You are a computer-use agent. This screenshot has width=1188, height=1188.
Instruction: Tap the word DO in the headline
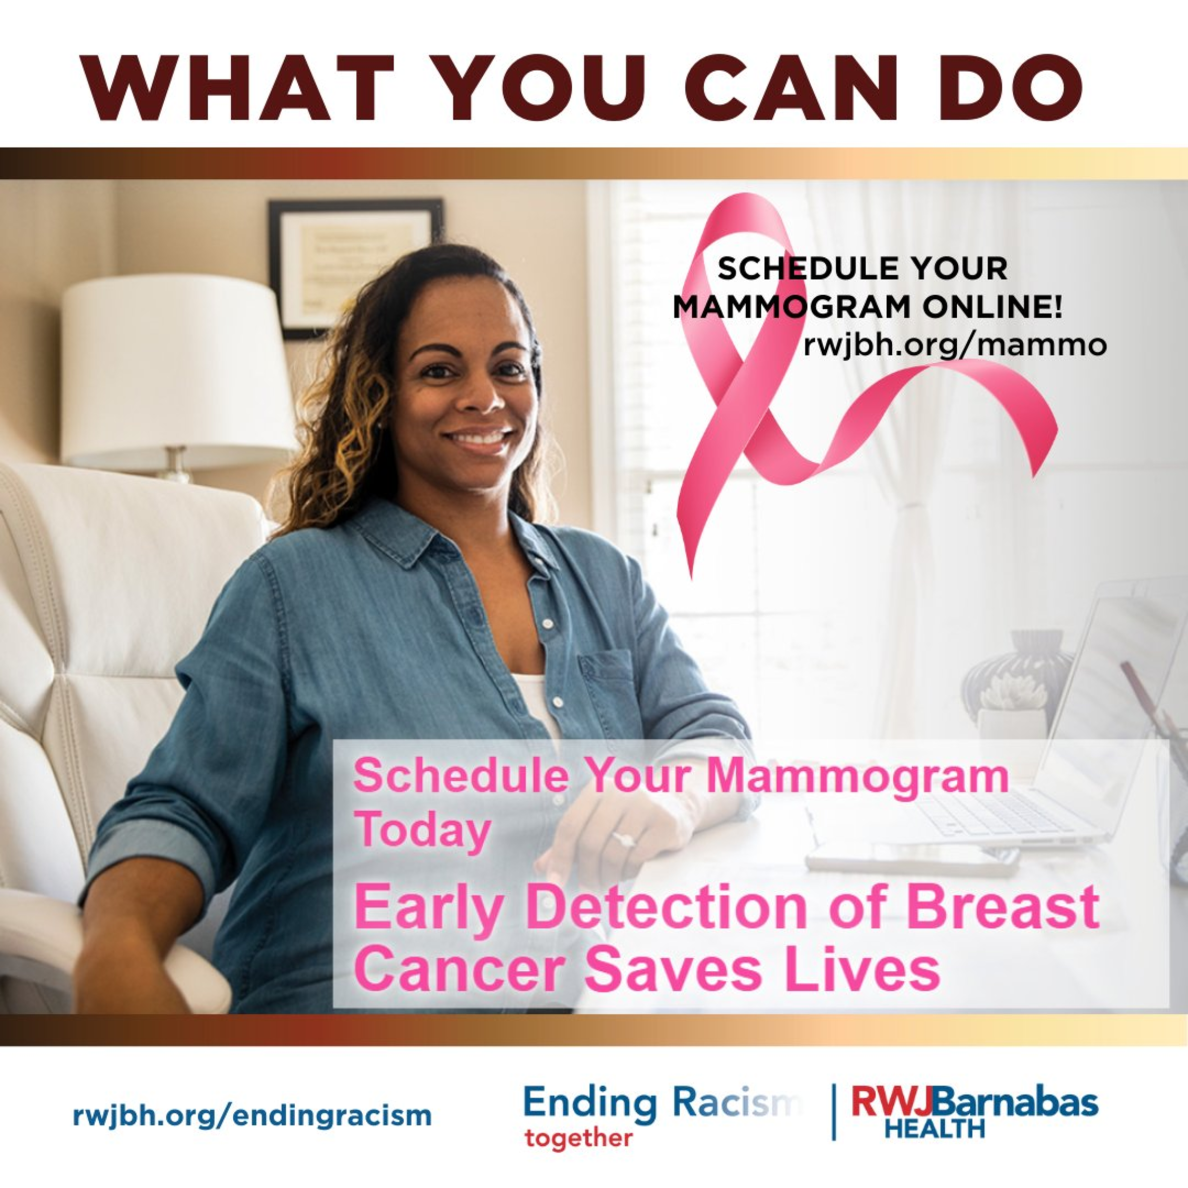[1011, 88]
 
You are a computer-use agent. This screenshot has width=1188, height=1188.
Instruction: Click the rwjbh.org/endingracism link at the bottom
[252, 1115]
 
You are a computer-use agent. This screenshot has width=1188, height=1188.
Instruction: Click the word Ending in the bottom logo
[590, 1104]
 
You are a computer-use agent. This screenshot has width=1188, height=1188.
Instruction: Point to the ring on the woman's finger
[622, 838]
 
